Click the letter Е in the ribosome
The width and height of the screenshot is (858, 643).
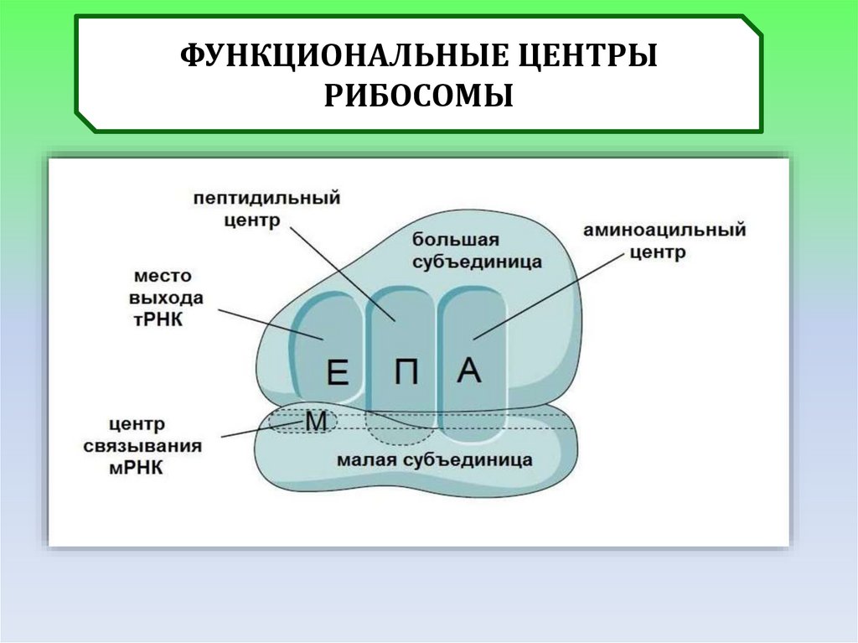[337, 371]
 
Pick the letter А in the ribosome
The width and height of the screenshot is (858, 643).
[470, 370]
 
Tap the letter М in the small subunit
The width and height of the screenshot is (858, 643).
[316, 422]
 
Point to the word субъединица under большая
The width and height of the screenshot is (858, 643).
[476, 262]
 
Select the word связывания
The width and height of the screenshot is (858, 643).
[142, 446]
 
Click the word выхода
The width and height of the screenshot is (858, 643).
[167, 298]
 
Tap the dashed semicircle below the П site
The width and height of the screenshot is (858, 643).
[400, 439]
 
